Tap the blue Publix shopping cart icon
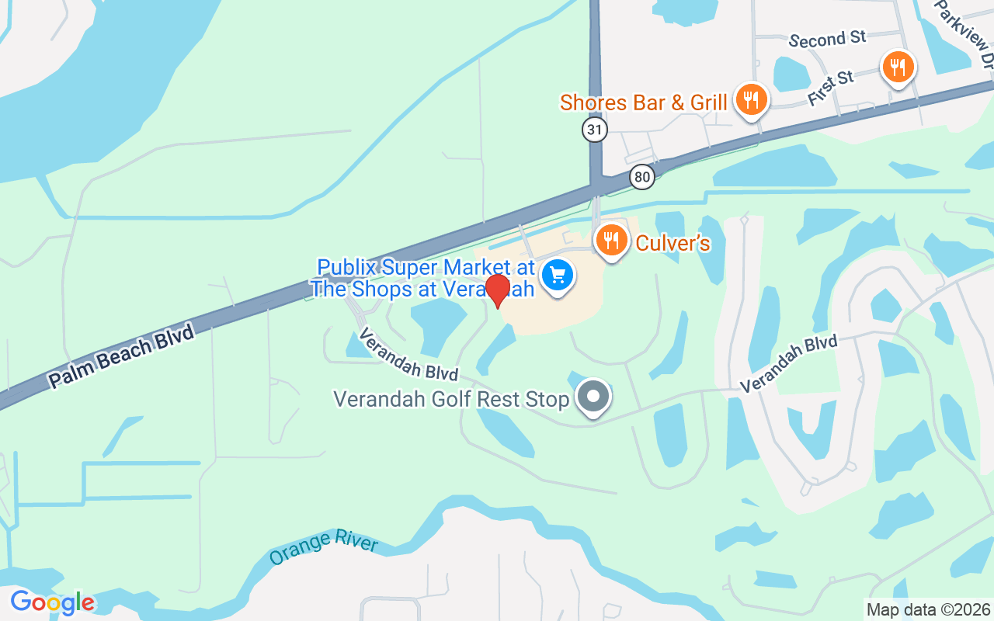pyautogui.click(x=557, y=274)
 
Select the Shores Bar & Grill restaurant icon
pyautogui.click(x=751, y=99)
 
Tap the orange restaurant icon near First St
pyautogui.click(x=898, y=68)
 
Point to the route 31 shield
pyautogui.click(x=595, y=130)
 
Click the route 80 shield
pyautogui.click(x=642, y=176)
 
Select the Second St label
pyautogui.click(x=827, y=39)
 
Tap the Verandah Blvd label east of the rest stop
pyautogui.click(x=788, y=364)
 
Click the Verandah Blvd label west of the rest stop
pyautogui.click(x=408, y=355)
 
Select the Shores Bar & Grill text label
pyautogui.click(x=644, y=102)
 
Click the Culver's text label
pyautogui.click(x=673, y=244)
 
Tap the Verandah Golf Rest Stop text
pyautogui.click(x=451, y=399)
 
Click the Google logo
pyautogui.click(x=52, y=602)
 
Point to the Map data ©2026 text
pyautogui.click(x=929, y=609)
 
